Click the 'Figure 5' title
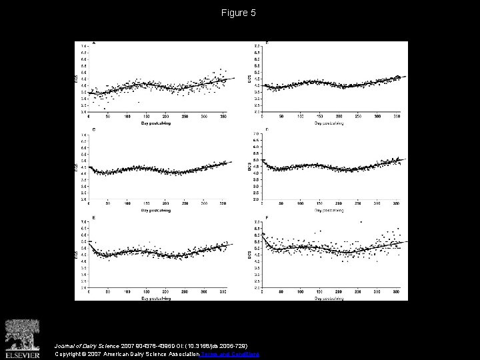click(239, 13)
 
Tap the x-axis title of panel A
click(155, 123)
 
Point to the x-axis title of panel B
click(331, 123)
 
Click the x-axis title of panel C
click(155, 211)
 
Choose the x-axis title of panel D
click(331, 211)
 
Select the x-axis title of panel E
click(155, 298)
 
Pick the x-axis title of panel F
click(331, 298)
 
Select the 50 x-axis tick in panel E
click(108, 291)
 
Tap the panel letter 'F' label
click(267, 217)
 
